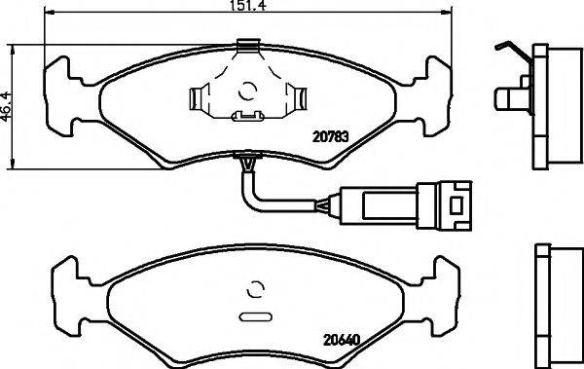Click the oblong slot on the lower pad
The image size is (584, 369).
(x=255, y=315)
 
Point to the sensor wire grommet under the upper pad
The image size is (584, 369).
(x=249, y=157)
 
